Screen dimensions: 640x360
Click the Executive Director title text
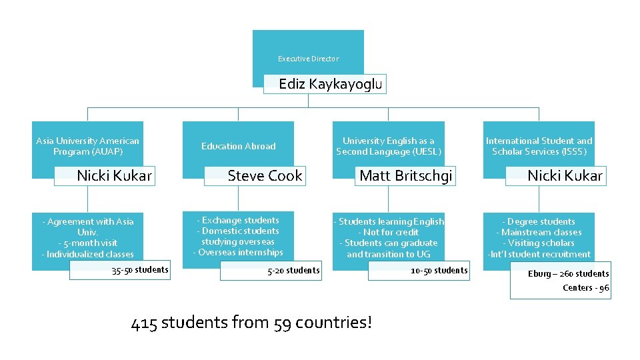coord(308,59)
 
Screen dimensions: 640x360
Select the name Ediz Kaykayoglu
coord(330,84)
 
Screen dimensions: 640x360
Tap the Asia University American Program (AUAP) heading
coord(87,146)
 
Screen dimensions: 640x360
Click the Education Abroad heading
coord(238,146)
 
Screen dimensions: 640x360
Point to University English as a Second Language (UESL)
coord(388,146)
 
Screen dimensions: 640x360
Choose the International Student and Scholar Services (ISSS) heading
coord(539,146)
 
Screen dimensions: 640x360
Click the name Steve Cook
coord(265,176)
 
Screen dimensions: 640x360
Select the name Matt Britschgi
coord(405,176)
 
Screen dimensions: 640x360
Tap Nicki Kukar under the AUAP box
coord(114,176)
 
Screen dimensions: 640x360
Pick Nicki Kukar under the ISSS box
coord(565,176)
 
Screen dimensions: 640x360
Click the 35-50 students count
coord(140,270)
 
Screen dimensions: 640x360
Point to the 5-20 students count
coord(293,271)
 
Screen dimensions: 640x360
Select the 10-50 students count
coord(439,271)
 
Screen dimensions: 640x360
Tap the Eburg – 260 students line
coord(568,274)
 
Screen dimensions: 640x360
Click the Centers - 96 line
coord(585,288)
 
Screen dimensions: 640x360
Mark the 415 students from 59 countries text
coord(252,324)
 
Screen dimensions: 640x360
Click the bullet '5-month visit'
coord(87,243)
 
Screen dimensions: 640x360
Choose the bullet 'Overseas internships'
coord(238,253)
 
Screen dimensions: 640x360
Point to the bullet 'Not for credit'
coord(388,233)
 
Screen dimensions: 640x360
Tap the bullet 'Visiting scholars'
coord(539,243)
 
